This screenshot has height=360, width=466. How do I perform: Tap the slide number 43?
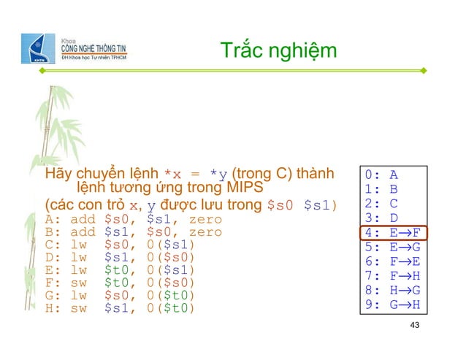[x=416, y=324]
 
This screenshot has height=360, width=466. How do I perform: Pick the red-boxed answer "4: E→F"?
[x=394, y=234]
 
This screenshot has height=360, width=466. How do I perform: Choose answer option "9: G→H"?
[x=394, y=305]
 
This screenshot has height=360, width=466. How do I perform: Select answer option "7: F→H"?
[x=394, y=276]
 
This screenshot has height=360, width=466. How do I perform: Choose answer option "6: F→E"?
[x=394, y=261]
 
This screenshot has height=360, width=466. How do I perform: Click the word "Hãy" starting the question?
[x=59, y=175]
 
